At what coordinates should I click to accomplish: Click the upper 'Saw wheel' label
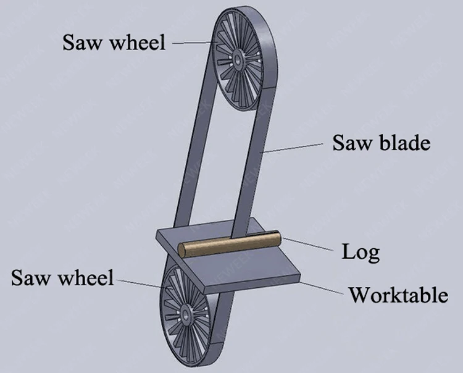click(114, 42)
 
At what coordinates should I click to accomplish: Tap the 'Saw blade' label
click(381, 143)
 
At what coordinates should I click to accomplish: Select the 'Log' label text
click(361, 252)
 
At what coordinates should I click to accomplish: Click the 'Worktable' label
click(398, 295)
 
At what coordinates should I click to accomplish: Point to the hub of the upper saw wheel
click(238, 61)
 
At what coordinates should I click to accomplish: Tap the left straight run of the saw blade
click(194, 154)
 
